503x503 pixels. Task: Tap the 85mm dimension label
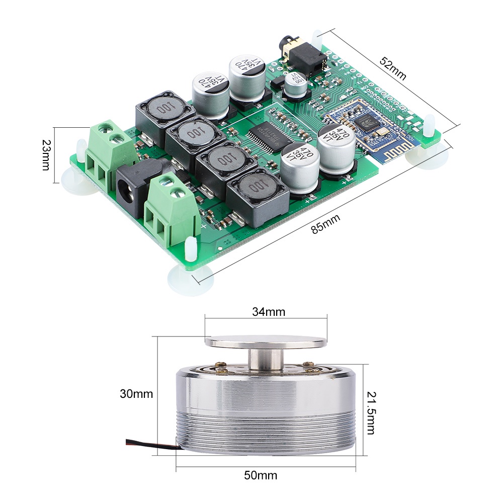pyautogui.click(x=325, y=224)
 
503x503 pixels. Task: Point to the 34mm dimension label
pyautogui.click(x=268, y=312)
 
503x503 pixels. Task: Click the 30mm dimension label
pyautogui.click(x=136, y=393)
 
